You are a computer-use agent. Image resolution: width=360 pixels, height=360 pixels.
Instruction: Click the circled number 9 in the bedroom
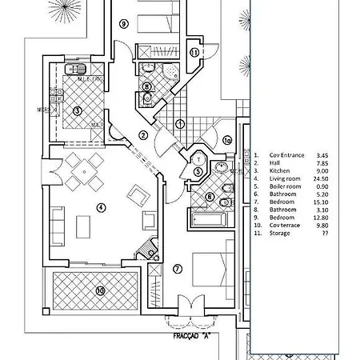(x=123, y=24)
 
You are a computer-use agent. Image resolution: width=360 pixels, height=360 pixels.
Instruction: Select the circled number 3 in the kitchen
(x=78, y=110)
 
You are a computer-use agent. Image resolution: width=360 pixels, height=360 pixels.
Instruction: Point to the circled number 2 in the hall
(x=143, y=135)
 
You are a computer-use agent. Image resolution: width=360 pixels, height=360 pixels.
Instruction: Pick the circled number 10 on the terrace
(x=100, y=291)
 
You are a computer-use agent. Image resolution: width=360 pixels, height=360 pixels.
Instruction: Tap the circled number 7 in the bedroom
(x=178, y=267)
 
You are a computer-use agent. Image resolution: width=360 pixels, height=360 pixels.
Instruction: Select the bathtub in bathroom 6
(x=208, y=217)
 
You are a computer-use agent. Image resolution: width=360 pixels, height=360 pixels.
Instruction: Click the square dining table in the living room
(x=84, y=168)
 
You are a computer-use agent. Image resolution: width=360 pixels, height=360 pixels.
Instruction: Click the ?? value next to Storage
(x=324, y=235)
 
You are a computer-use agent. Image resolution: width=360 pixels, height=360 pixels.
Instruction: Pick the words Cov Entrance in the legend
(x=286, y=155)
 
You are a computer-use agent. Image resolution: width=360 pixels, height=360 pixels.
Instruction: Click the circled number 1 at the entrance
(x=181, y=124)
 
